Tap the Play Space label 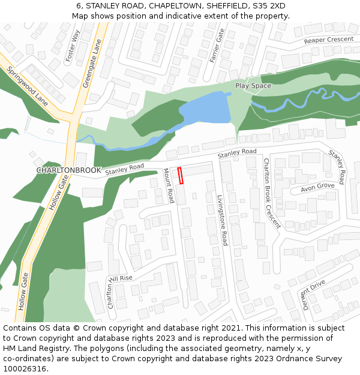253,86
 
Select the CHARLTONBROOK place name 68,170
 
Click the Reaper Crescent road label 329,40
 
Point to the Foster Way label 72,46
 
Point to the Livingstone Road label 221,220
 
